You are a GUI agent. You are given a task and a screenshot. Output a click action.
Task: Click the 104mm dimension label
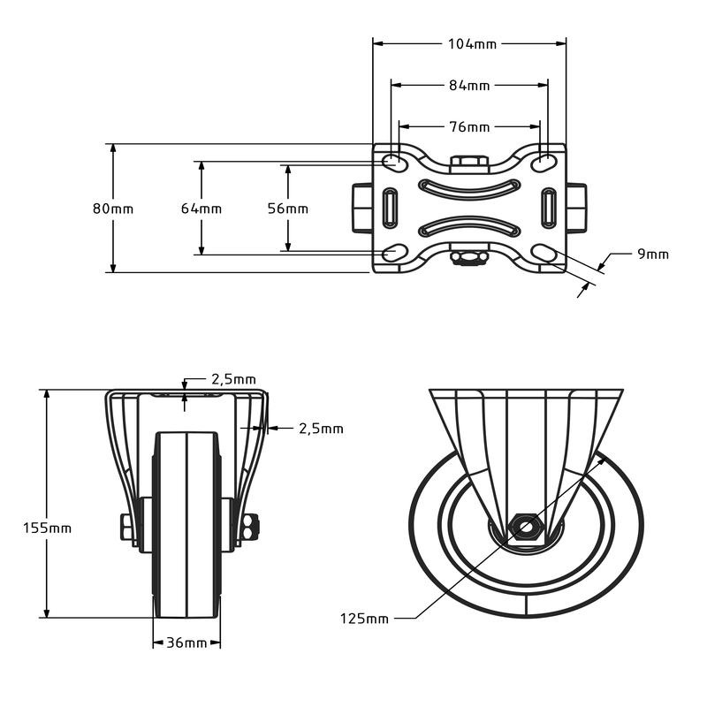[472, 44]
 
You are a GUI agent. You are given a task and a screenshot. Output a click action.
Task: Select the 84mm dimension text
[469, 85]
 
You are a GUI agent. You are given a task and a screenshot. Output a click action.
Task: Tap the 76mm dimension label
[469, 127]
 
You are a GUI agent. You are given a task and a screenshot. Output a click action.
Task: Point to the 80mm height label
[113, 209]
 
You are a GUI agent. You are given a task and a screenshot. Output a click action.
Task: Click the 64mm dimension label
[201, 209]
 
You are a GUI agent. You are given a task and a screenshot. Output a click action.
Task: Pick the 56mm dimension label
[288, 209]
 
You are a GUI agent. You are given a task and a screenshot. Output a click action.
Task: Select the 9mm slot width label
[653, 255]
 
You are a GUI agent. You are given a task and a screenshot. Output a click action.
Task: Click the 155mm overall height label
[48, 528]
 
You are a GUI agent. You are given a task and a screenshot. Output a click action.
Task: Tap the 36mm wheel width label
[186, 643]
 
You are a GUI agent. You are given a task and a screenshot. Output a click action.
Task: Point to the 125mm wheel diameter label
[364, 618]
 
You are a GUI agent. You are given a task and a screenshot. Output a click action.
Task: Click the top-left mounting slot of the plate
[395, 163]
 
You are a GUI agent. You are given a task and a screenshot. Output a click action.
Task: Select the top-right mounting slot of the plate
[544, 163]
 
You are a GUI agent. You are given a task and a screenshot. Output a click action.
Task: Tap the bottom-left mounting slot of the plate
[395, 253]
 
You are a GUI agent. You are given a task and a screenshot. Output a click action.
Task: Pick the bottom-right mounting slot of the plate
[544, 253]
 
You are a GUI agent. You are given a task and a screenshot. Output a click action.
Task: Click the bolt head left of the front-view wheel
[125, 527]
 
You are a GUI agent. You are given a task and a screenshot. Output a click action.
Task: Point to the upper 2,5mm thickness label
[233, 380]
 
